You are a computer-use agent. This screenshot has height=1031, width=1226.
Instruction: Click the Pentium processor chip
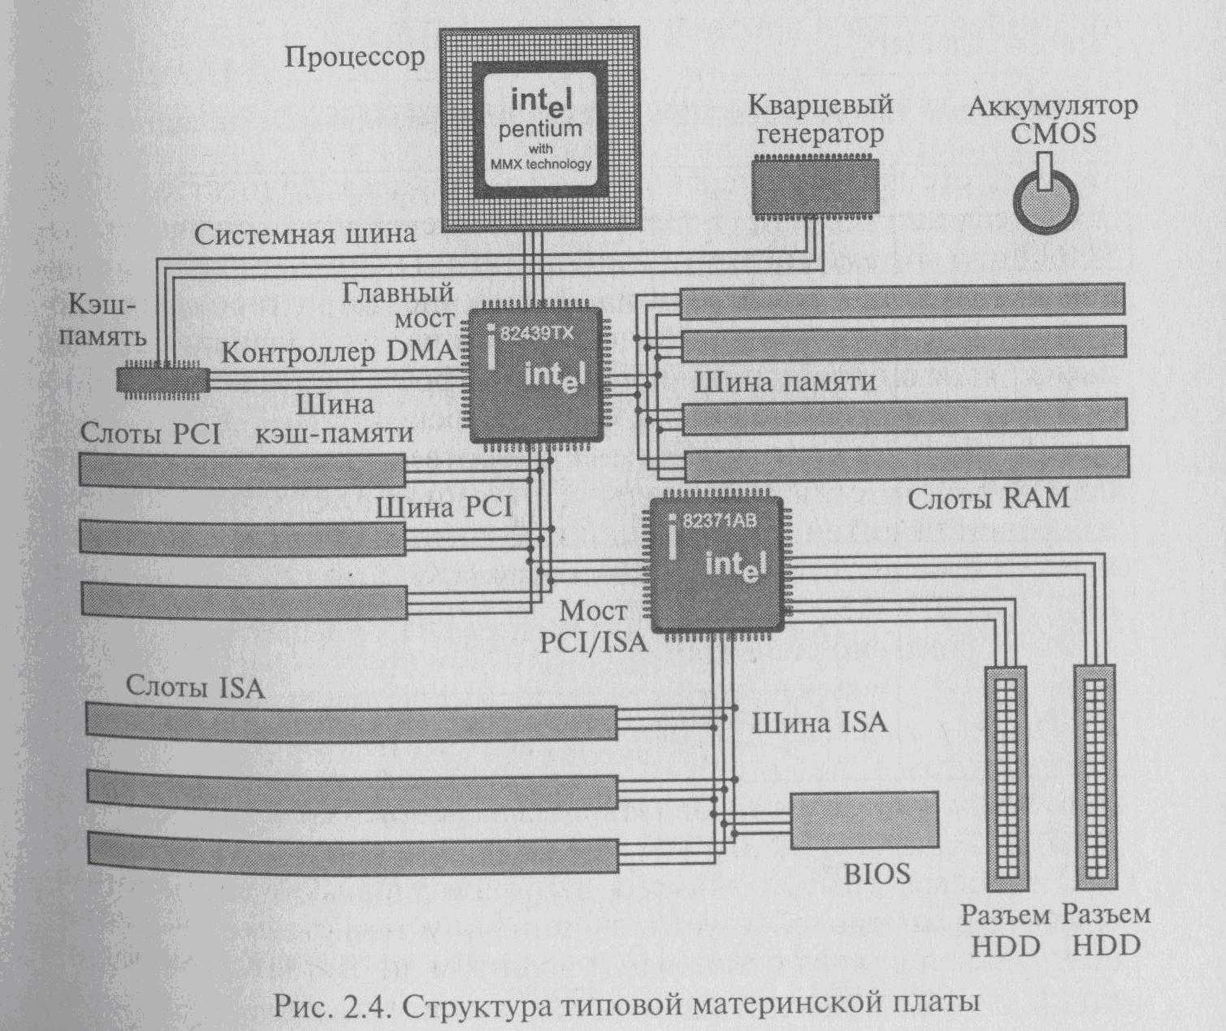tap(539, 130)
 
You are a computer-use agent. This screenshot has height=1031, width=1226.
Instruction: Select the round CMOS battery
tap(1046, 201)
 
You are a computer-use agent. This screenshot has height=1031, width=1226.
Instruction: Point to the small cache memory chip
tap(163, 379)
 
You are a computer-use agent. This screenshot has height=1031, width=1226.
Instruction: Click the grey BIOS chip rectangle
tap(864, 821)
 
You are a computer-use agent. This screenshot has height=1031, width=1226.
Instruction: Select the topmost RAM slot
tap(902, 300)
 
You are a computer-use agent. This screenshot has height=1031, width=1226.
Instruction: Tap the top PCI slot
tap(242, 470)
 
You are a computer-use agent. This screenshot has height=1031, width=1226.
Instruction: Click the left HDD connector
tap(1006, 778)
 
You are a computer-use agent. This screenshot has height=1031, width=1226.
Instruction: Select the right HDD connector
tap(1094, 778)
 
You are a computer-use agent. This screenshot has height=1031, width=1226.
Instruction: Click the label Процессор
tap(355, 58)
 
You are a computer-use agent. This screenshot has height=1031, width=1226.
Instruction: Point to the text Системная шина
tap(305, 235)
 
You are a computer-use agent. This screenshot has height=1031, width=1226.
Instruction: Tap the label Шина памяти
tap(785, 382)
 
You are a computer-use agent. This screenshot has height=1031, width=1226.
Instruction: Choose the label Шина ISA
tap(819, 722)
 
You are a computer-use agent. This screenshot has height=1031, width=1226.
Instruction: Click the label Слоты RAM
tap(988, 497)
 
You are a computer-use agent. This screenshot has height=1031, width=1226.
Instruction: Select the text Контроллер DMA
tap(338, 353)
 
